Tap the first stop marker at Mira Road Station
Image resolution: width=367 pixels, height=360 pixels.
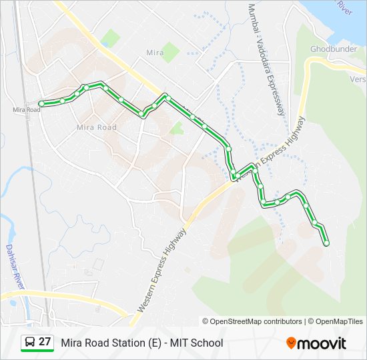pyautogui.click(x=41, y=103)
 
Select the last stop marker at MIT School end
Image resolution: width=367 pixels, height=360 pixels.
pyautogui.click(x=326, y=244)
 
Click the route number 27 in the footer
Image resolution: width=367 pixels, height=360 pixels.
pyautogui.click(x=45, y=342)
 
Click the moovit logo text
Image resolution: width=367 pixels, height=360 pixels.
pyautogui.click(x=322, y=343)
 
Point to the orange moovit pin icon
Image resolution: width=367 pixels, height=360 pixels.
pyautogui.click(x=291, y=343)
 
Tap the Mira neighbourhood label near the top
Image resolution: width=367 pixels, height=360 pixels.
pyautogui.click(x=154, y=52)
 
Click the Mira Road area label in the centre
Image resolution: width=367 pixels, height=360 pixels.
pyautogui.click(x=97, y=127)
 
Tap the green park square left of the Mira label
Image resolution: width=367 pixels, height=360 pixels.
pyautogui.click(x=111, y=38)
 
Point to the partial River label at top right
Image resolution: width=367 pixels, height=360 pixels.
pyautogui.click(x=344, y=7)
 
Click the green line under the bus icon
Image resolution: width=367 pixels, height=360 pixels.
pyautogui.click(x=37, y=351)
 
